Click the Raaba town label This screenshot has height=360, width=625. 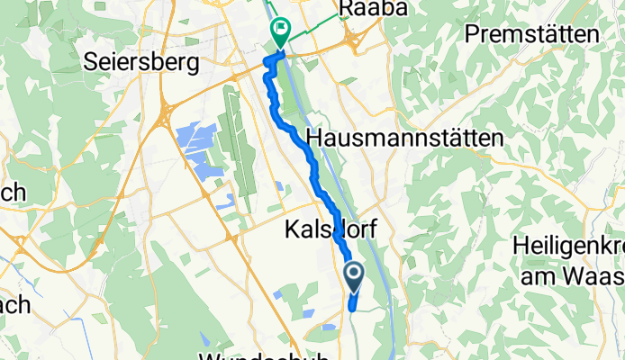373,8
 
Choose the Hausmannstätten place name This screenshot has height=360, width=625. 404,138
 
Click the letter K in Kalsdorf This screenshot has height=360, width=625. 291,229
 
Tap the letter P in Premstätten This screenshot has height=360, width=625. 473,34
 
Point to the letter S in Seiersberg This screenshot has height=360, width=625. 91,60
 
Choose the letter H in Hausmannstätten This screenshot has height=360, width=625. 315,138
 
